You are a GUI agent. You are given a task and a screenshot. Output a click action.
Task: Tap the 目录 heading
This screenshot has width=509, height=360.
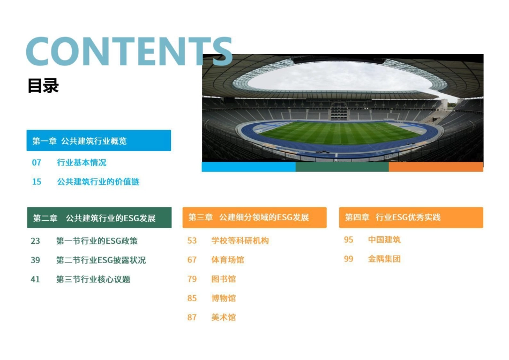[x=43, y=86]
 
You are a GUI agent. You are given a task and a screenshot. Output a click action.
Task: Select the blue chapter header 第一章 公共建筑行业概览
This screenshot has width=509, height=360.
[x=99, y=141]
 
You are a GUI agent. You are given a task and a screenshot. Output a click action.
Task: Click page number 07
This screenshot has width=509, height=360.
[x=36, y=162]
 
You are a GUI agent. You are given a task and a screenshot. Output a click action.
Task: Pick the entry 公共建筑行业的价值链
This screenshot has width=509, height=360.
[x=98, y=182]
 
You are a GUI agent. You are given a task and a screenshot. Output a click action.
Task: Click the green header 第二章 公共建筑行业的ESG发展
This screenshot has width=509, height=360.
[x=99, y=218]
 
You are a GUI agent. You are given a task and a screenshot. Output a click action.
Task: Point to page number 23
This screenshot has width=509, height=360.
[x=35, y=241]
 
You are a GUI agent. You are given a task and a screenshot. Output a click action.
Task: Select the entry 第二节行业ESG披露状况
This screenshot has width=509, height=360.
[x=101, y=260]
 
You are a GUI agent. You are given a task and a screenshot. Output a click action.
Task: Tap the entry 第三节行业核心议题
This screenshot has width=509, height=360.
[x=93, y=279]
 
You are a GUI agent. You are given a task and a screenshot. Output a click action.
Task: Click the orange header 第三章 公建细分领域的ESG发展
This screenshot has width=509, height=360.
[x=254, y=217]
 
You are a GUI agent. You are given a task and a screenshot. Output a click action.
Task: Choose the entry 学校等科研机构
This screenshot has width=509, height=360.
[x=240, y=241]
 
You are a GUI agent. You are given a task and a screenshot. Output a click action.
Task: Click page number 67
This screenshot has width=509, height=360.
[x=192, y=260]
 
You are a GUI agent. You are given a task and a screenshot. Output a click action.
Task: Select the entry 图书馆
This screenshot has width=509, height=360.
[x=223, y=279]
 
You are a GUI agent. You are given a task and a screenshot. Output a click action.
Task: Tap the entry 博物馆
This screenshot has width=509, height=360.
[x=223, y=298]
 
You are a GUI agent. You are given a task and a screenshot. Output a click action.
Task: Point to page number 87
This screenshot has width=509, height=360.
[x=192, y=318]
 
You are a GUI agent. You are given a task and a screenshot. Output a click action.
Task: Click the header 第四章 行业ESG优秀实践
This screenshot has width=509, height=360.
[x=411, y=217]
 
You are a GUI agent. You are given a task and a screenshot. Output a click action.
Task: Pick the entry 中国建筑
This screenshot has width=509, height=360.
[x=384, y=240]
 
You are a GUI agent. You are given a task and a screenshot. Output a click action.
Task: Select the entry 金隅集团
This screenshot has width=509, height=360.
[x=384, y=259]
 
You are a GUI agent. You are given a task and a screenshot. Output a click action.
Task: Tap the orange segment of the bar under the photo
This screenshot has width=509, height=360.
[x=436, y=167]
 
